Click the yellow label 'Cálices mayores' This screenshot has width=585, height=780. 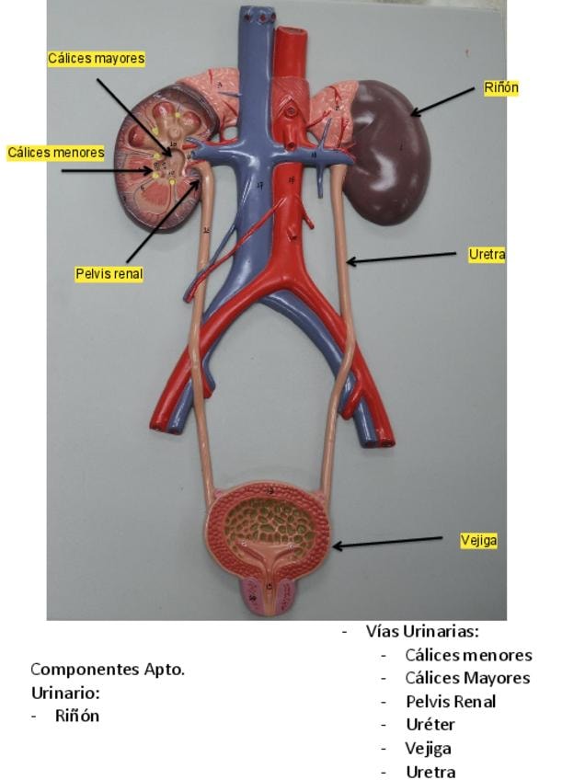point(97,59)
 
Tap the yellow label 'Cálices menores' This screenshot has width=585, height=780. point(55,153)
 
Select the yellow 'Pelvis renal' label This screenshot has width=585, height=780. point(109,274)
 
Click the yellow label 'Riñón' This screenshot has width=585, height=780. point(501,88)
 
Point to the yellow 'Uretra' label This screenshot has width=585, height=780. point(487,255)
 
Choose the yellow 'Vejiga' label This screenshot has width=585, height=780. point(478,541)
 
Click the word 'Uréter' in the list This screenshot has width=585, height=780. point(430,725)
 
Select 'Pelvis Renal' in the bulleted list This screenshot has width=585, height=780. point(450,701)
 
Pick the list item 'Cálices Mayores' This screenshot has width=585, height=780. point(467,678)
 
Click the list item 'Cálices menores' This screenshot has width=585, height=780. point(468,655)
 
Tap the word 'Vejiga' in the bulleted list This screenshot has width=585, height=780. point(428,749)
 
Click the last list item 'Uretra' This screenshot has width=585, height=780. point(430,772)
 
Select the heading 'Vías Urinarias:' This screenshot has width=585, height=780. point(421,631)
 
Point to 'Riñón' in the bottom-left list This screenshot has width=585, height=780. point(76,715)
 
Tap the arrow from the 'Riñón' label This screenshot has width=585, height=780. point(445,101)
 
